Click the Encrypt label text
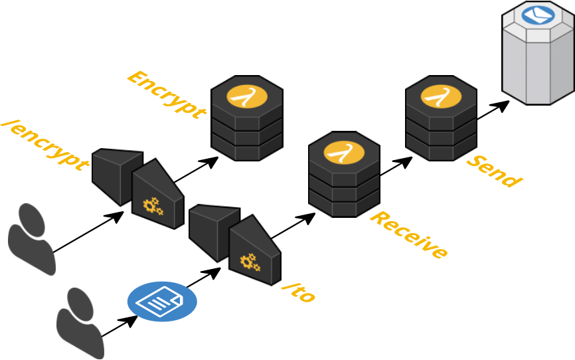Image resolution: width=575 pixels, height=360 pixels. [165, 94]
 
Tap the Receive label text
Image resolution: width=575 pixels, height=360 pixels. [408, 234]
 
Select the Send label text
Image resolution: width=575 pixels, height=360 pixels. [493, 171]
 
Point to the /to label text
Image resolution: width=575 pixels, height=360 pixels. [298, 292]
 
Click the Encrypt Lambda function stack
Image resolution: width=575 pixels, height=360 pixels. [247, 120]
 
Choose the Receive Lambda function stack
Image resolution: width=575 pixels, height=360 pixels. [344, 176]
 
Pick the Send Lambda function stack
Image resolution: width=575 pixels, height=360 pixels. [441, 120]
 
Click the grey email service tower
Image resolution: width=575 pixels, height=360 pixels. [538, 60]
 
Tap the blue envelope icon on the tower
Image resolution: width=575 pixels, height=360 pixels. [538, 15]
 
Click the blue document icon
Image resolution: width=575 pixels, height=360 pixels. [162, 302]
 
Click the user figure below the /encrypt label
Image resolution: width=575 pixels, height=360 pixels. [32, 238]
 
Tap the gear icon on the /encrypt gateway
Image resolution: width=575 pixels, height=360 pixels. [153, 206]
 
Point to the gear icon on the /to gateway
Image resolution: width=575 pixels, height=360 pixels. [250, 262]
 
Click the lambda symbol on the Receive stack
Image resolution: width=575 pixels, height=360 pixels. [344, 152]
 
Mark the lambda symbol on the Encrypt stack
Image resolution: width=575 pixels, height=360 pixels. [247, 96]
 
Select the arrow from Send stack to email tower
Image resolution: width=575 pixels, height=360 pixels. [493, 111]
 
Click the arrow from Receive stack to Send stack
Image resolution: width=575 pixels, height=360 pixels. [396, 167]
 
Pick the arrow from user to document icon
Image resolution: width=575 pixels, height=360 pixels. [120, 325]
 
